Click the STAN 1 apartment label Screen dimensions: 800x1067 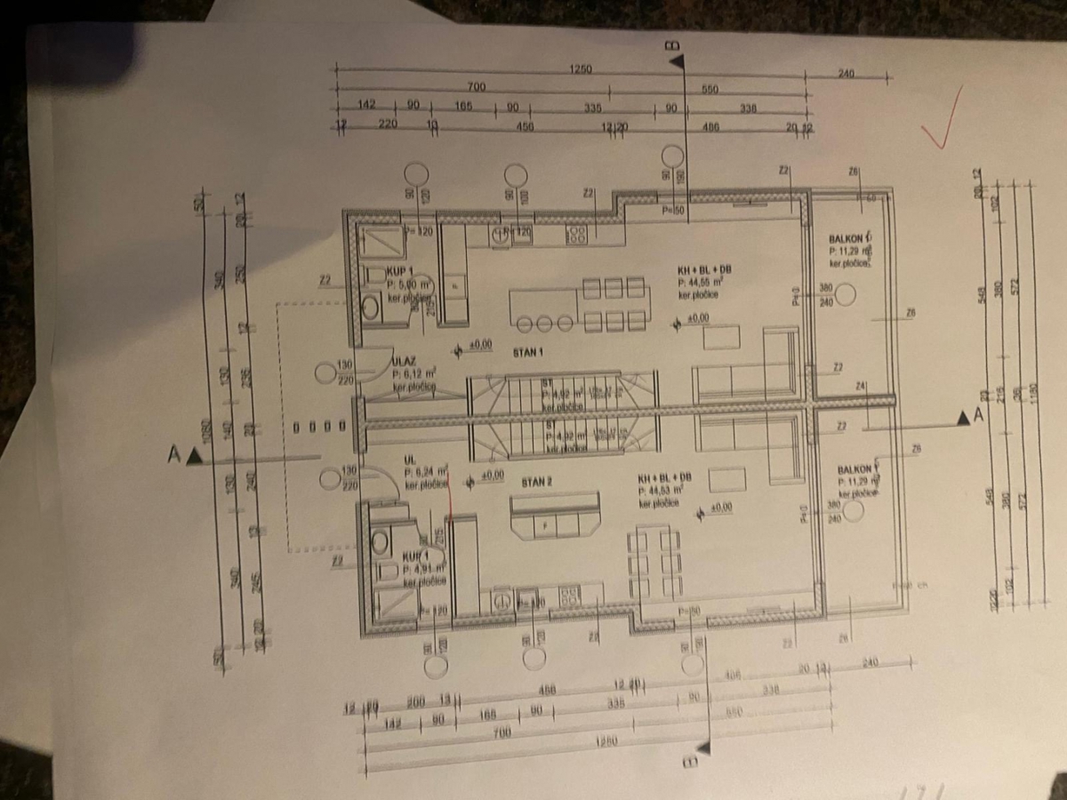[x=527, y=352]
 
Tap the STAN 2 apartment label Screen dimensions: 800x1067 [x=537, y=482]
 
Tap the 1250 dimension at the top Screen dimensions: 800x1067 [x=582, y=68]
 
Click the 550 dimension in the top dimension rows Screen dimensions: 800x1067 [x=710, y=90]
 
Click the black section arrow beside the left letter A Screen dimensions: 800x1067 [x=195, y=457]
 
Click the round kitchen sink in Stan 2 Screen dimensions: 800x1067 [x=502, y=601]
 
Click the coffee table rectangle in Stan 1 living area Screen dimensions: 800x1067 [x=721, y=338]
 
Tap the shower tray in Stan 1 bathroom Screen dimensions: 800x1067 [x=381, y=239]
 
